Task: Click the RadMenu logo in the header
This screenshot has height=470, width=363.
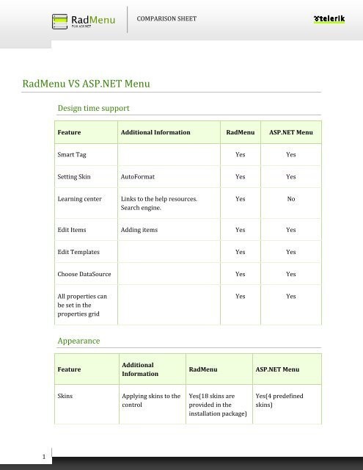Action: [84, 18]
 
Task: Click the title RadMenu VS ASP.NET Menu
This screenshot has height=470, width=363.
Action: [87, 84]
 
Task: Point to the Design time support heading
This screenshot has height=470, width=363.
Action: [93, 108]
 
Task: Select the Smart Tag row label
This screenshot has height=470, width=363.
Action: [74, 155]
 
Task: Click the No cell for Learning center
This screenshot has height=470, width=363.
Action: [291, 199]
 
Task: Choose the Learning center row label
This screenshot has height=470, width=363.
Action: [81, 199]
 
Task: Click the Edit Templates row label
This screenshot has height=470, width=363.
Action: [78, 252]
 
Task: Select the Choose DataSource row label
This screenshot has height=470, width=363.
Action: [84, 274]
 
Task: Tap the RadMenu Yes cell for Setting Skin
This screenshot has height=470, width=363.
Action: [240, 177]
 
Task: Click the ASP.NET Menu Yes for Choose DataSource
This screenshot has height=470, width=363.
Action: [291, 274]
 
